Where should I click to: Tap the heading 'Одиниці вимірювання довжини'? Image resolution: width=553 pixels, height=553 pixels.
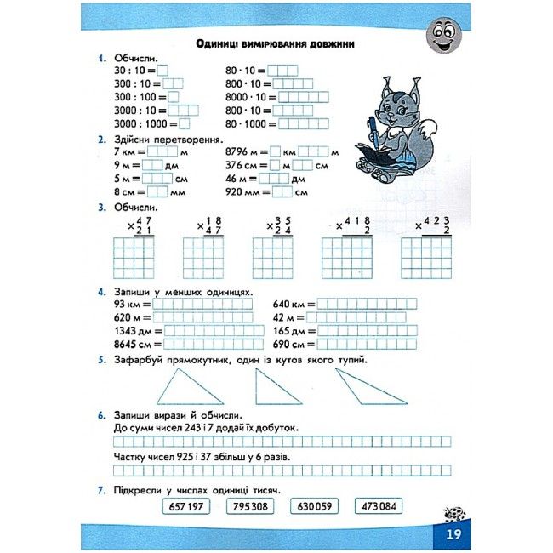pyautogui.click(x=275, y=44)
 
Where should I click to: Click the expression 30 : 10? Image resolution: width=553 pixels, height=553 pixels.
pyautogui.click(x=133, y=71)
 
